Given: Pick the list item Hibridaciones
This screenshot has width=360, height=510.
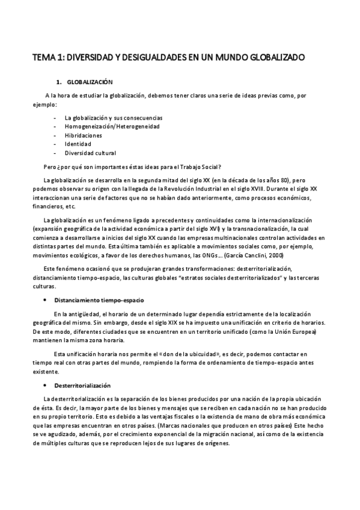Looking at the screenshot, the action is tap(83, 135).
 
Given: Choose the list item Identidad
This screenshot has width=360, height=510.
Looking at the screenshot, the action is tap(78, 144).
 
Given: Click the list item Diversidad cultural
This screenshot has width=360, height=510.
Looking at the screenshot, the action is tap(90, 153).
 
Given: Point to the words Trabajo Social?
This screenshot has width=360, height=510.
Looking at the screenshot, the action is tap(202, 167).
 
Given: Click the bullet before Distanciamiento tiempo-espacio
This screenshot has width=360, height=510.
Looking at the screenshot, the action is tap(47, 300).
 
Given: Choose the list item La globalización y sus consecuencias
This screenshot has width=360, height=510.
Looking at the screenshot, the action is tap(109, 117).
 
